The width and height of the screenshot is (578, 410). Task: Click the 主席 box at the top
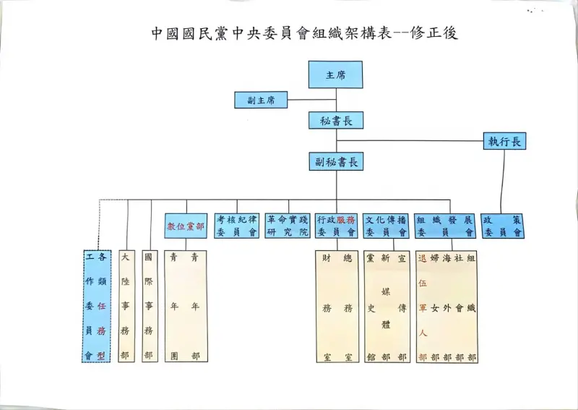pos(335,74)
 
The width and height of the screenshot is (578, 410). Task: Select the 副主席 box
pos(261,101)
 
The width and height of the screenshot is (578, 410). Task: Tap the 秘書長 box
pos(335,121)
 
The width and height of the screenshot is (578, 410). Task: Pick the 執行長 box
pos(504,141)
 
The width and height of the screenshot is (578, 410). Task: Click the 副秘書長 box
pos(335,161)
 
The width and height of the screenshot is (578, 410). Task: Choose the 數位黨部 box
pos(186,226)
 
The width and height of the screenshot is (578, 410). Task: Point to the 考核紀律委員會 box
pos(237,226)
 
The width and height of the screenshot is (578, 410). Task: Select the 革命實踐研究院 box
pos(287,226)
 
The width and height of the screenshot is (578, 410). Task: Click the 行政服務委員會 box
pos(337,226)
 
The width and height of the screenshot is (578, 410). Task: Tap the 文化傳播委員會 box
pos(387,226)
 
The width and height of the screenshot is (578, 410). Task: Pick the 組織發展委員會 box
pos(445,226)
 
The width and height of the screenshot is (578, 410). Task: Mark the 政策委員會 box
pos(503,226)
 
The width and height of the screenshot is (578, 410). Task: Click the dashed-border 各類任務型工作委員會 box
pos(96,306)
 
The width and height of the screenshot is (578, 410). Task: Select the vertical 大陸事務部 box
pos(126,306)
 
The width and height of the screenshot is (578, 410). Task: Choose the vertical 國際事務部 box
pos(149,306)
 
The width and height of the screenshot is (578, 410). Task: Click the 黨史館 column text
pos(371,307)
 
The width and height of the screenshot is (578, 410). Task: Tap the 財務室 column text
pos(327,307)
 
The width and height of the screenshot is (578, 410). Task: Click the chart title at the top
pos(304,33)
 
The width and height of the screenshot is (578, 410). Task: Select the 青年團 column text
pos(174,306)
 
